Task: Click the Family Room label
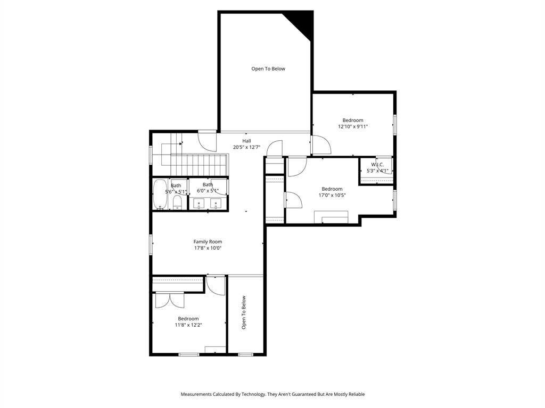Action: [208, 242]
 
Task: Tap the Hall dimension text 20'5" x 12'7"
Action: [246, 147]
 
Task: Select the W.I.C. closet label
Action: [377, 165]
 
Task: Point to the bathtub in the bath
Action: [160, 194]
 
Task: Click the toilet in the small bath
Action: [177, 202]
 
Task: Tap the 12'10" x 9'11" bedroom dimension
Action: [353, 126]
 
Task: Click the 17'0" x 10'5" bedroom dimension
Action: [332, 195]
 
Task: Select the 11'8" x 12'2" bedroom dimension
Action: [188, 325]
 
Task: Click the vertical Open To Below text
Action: [244, 312]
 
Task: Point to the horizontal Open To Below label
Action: [268, 69]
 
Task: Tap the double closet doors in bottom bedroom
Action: [170, 300]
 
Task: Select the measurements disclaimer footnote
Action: [272, 394]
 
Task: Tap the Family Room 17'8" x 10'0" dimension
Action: [208, 248]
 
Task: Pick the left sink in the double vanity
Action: [199, 204]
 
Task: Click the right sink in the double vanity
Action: [216, 204]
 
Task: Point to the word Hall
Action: [246, 141]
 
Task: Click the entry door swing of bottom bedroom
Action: [216, 285]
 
